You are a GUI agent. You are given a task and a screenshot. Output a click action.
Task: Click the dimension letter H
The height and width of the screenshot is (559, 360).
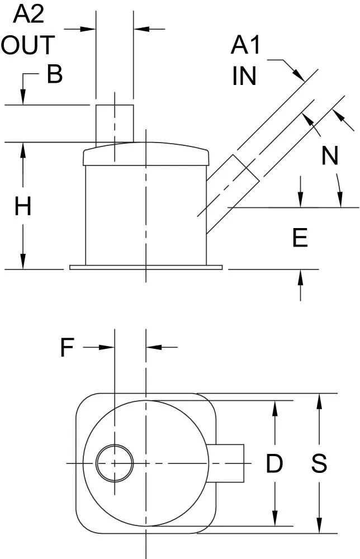click(x=23, y=206)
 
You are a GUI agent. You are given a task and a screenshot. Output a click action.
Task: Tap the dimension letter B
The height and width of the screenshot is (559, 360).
click(x=55, y=74)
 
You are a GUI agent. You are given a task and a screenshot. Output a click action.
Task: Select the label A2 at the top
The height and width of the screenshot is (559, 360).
click(x=29, y=15)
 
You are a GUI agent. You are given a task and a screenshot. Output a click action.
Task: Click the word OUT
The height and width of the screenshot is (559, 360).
click(x=28, y=45)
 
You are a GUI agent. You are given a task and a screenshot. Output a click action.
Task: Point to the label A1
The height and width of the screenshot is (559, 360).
click(x=245, y=45)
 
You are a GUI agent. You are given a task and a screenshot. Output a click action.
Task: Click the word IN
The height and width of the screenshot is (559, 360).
click(x=244, y=76)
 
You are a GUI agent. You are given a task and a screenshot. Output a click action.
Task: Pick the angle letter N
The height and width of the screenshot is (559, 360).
click(x=330, y=156)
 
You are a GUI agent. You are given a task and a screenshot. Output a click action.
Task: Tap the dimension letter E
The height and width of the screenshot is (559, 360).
click(x=300, y=238)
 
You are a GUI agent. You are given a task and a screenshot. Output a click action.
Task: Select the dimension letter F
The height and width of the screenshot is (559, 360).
click(x=67, y=347)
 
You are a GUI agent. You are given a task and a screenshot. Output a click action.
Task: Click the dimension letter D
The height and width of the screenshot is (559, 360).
click(x=274, y=463)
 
